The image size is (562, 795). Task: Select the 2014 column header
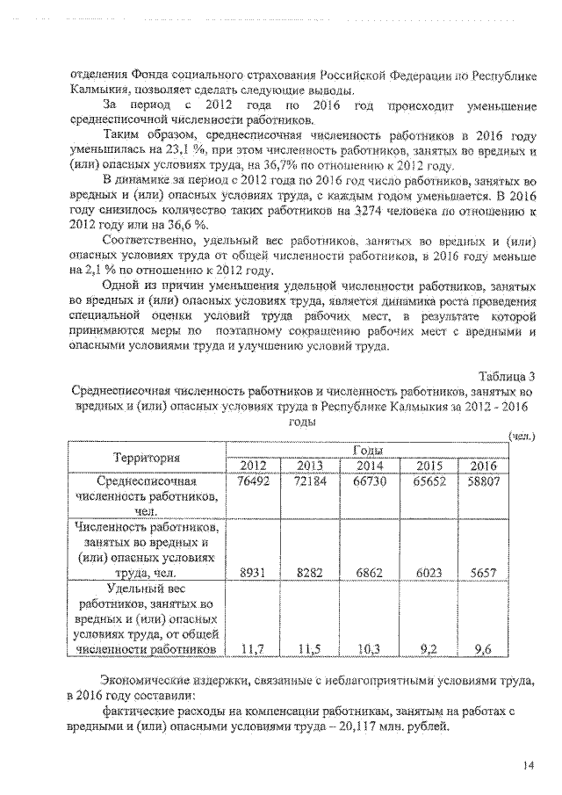[369, 466]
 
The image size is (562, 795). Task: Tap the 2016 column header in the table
[483, 466]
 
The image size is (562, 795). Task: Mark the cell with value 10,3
[369, 649]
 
